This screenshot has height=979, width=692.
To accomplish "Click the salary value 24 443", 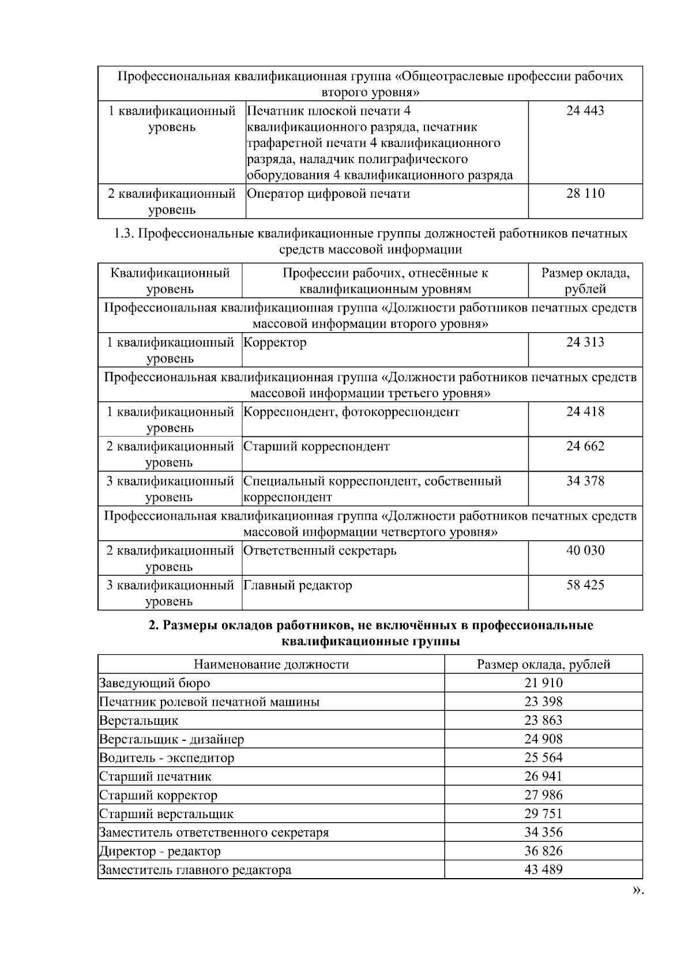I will [585, 111].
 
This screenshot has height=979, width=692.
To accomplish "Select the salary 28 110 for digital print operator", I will [585, 194].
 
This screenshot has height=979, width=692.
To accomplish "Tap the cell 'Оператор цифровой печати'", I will [328, 194].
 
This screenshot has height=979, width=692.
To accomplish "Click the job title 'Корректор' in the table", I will [275, 342].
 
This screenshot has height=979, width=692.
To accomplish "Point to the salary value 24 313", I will [585, 342].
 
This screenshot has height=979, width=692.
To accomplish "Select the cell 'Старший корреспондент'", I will [317, 446].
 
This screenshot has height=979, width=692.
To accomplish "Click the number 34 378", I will [585, 481].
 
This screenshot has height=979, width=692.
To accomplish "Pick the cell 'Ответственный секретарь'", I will [320, 551].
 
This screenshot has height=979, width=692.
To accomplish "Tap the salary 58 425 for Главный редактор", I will [585, 585].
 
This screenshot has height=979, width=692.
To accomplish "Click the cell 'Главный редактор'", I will [298, 585].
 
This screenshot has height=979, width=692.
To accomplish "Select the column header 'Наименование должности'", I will [271, 664].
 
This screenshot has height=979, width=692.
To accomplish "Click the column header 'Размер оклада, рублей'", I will [543, 664].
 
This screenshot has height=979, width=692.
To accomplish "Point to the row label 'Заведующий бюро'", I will [155, 683].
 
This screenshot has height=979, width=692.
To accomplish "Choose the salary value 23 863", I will [543, 720].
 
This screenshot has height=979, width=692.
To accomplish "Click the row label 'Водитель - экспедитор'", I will [167, 758].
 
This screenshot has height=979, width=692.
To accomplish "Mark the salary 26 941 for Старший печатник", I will [543, 776].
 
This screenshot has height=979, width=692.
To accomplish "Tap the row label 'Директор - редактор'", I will [160, 851].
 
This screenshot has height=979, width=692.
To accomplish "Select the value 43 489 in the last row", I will [543, 869].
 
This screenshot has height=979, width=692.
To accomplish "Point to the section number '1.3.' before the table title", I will [124, 234].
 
